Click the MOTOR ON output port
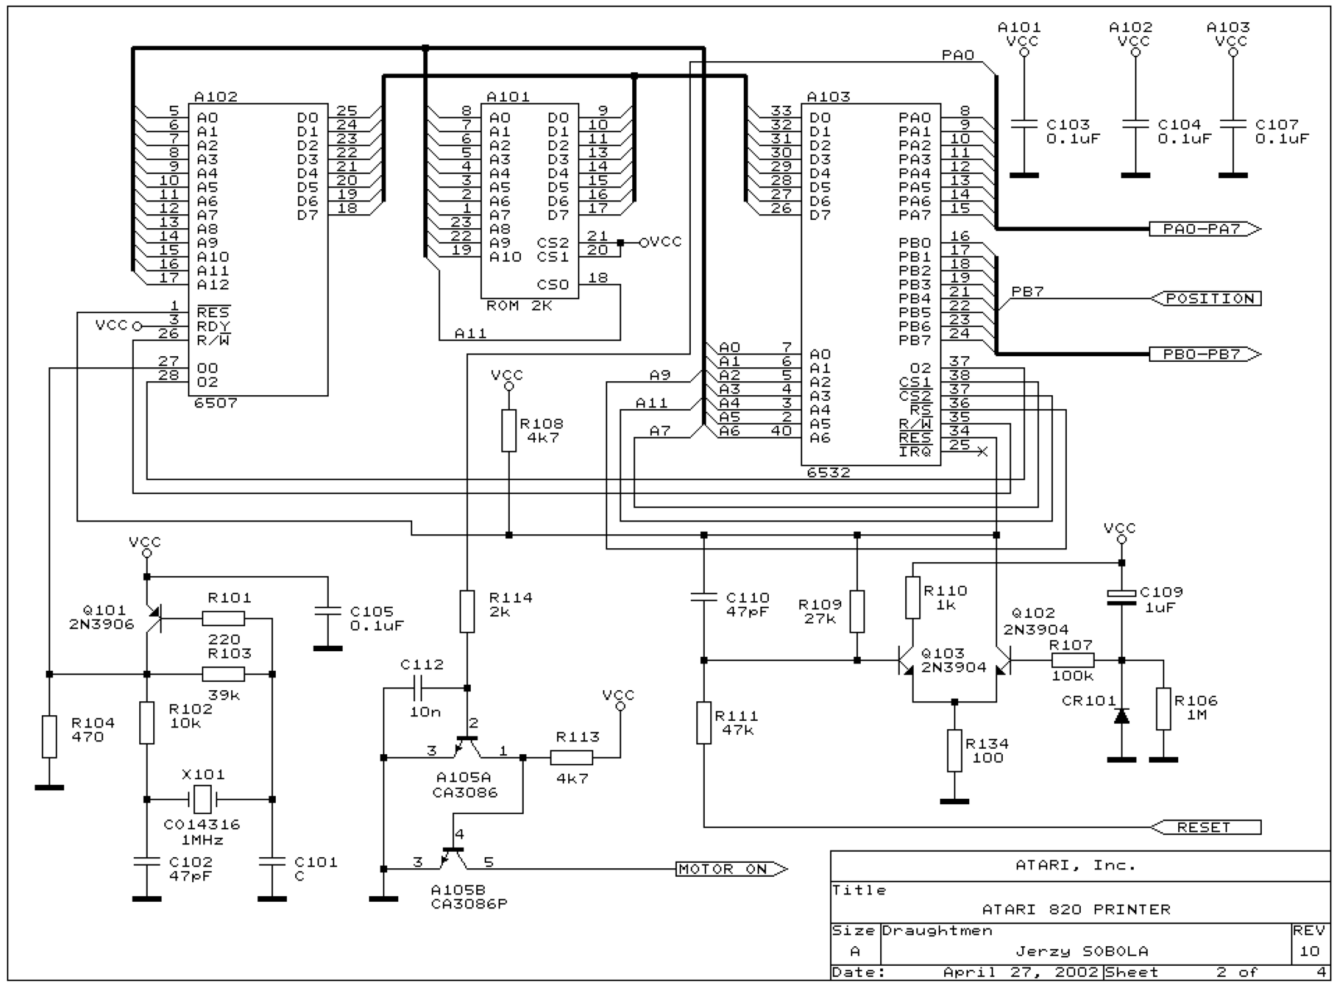point(732,869)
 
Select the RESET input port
point(1206,827)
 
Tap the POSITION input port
point(1206,298)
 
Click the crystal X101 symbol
point(203,799)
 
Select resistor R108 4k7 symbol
point(509,431)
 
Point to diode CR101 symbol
point(1121,716)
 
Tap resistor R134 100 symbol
point(955,750)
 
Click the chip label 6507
point(216,404)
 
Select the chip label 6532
point(828,473)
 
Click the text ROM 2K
point(519,306)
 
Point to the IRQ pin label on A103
point(915,452)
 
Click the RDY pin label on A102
point(213,327)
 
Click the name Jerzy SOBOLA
point(1082,951)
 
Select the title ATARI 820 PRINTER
point(1076,910)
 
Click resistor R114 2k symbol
point(467,611)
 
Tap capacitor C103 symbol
point(1024,124)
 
